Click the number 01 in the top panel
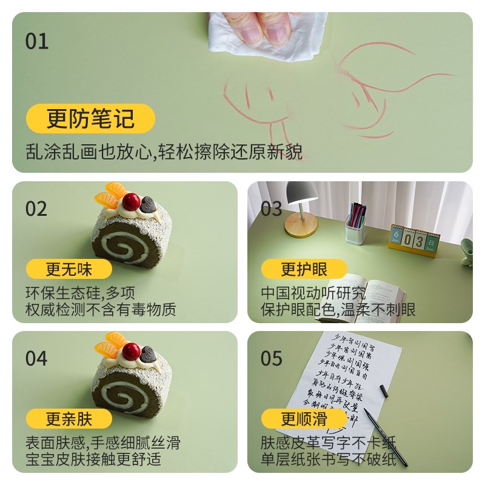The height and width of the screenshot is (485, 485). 36,42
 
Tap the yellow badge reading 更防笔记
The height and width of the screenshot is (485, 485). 90,118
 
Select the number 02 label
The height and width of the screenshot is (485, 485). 36,209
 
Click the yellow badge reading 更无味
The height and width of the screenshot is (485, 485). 70,269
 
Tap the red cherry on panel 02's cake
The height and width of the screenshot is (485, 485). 132,201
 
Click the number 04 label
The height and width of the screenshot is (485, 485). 36,358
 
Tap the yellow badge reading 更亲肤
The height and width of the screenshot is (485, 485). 70,418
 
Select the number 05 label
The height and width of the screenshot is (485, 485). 272,358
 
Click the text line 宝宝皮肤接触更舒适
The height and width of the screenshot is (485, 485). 93,459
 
